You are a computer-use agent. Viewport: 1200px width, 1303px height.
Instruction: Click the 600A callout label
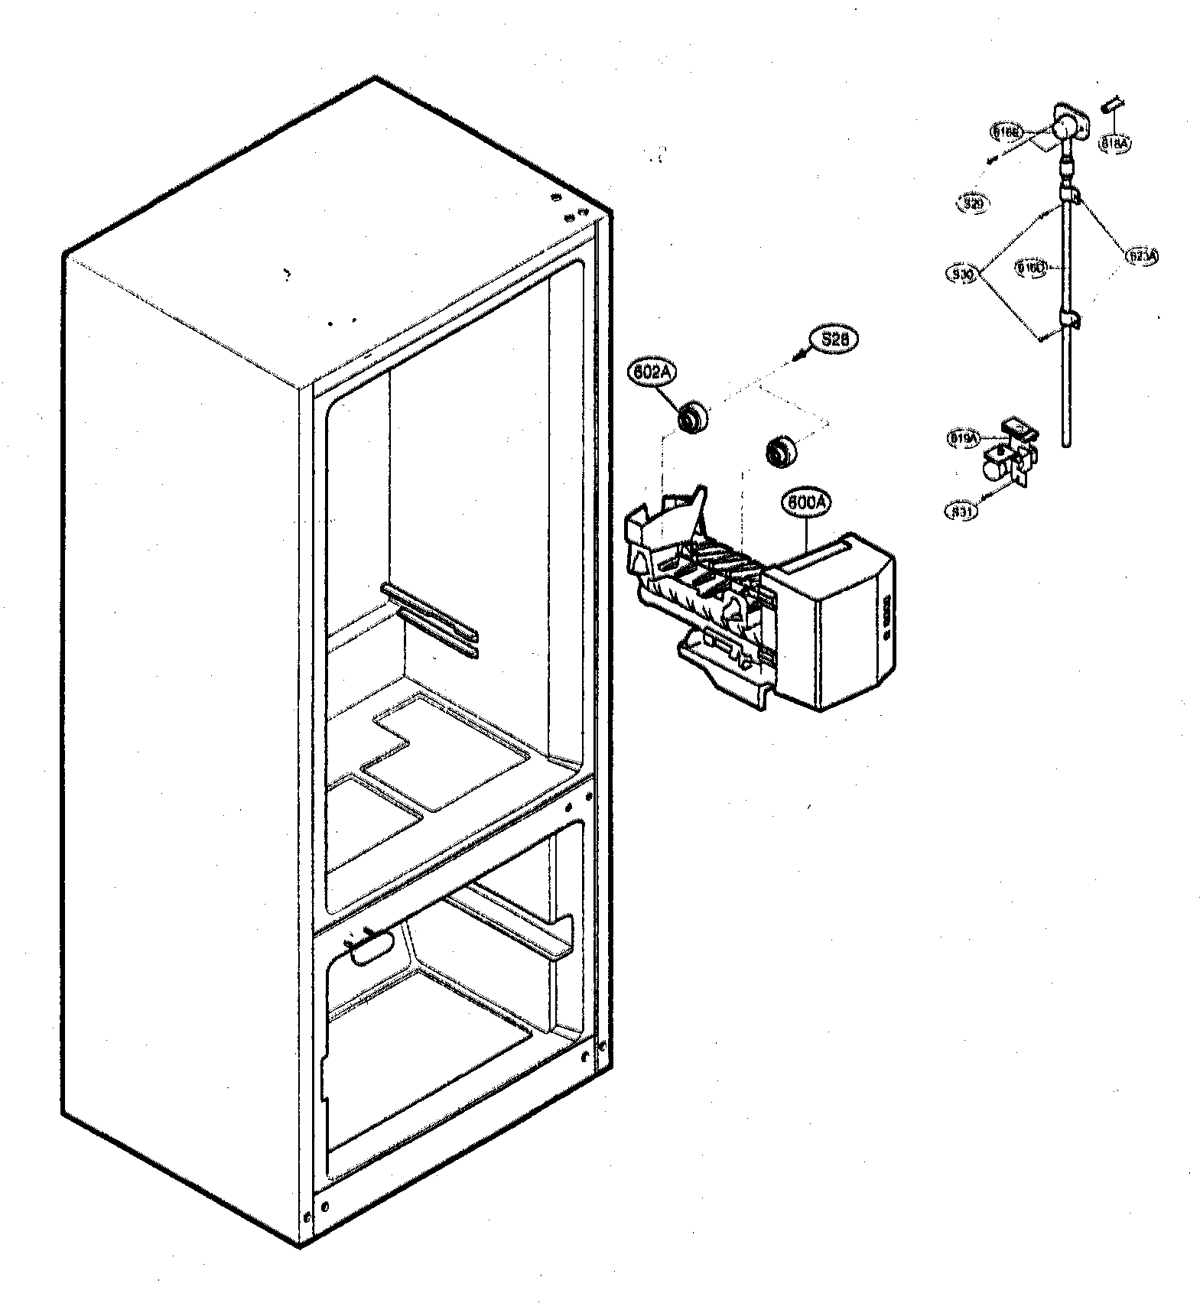(x=805, y=502)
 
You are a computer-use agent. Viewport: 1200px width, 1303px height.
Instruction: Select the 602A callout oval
(x=651, y=372)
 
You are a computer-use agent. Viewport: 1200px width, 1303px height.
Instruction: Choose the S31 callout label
(x=961, y=511)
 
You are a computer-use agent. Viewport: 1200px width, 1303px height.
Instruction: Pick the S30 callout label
(x=963, y=273)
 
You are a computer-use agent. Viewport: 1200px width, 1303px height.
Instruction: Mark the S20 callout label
(x=973, y=203)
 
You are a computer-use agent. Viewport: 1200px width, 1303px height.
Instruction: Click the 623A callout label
(x=1142, y=256)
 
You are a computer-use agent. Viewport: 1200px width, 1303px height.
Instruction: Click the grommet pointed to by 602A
(x=693, y=418)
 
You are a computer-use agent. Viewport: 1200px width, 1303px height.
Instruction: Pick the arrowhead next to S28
(x=800, y=354)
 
